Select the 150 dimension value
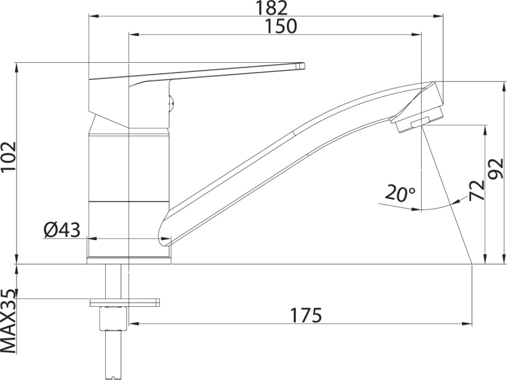280,26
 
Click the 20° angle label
401,193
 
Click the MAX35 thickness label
9,322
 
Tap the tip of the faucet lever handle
300,65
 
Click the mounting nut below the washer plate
114,318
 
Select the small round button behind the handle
171,100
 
